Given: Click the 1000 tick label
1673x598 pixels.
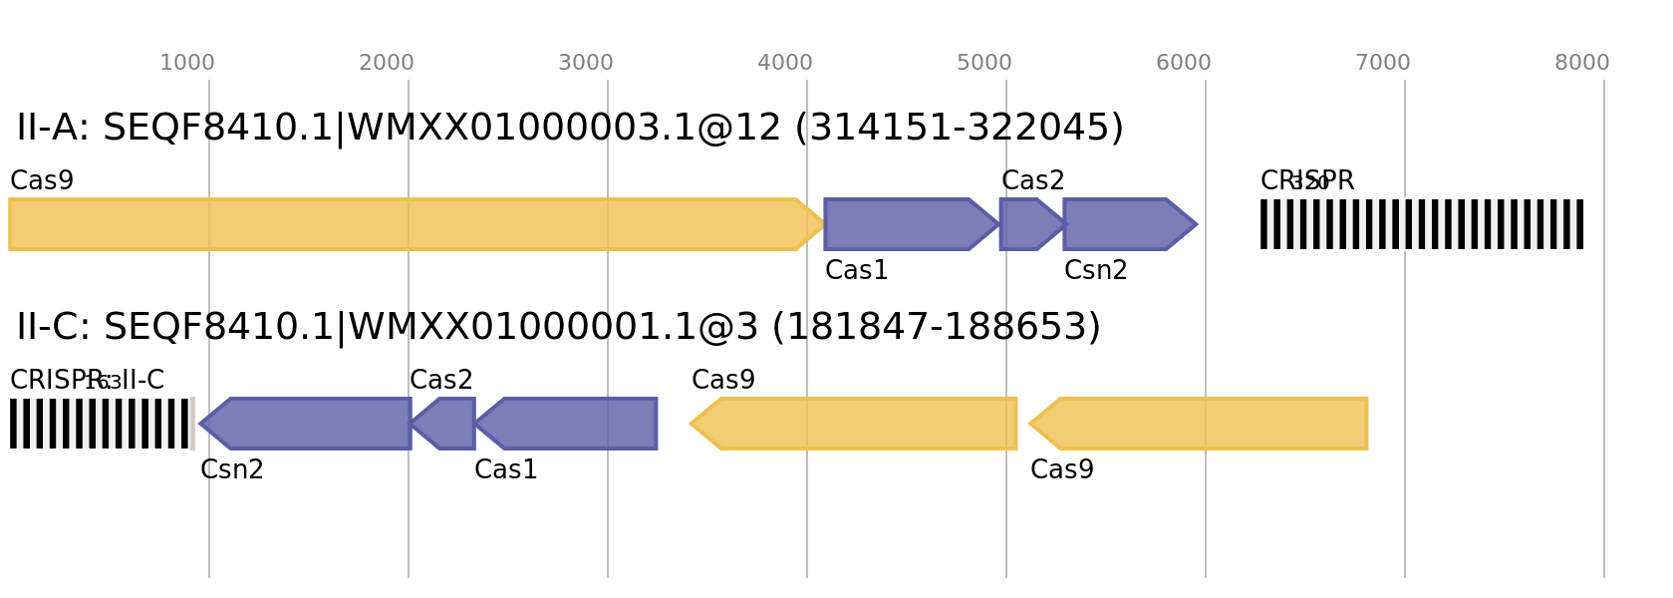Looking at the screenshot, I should [x=186, y=63].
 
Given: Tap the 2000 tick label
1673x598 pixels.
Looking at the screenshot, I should [x=386, y=63].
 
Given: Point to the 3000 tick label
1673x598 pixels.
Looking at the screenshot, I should [x=585, y=63].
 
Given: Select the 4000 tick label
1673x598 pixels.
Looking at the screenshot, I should [x=784, y=63].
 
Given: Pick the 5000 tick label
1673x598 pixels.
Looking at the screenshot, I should [x=983, y=63].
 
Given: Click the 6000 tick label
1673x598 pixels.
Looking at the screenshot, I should [x=1183, y=63].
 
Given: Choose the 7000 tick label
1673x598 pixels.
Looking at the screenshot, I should [x=1382, y=63].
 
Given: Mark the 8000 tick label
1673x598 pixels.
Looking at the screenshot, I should [x=1581, y=63].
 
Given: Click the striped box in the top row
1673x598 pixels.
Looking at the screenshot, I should [x=1421, y=224].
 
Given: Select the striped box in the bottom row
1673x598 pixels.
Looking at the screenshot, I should [x=101, y=424].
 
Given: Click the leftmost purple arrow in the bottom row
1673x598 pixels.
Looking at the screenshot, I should [x=309, y=424].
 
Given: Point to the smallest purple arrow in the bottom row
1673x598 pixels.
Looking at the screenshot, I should [x=445, y=424].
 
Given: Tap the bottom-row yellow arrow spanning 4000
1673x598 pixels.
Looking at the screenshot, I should [x=857, y=424].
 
